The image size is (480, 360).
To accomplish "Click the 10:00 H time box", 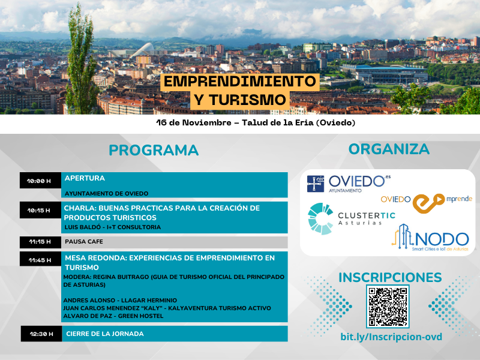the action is point(40,181).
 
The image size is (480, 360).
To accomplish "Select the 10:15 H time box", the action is point(40,210).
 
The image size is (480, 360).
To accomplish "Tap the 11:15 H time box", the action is point(40,242).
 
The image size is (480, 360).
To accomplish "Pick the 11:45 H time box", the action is point(40,260).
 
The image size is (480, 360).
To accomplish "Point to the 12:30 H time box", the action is point(41,334).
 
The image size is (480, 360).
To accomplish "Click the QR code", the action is point(388,307).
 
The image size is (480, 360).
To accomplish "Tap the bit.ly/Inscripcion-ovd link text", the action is point(391,337).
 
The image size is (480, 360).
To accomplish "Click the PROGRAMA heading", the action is point(154,151).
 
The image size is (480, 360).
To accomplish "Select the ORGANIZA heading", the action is point(389,149).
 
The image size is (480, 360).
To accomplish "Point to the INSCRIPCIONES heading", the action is point(390,277).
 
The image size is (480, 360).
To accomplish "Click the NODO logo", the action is point(430,238).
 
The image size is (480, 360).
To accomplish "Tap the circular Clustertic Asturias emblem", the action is point(320,218).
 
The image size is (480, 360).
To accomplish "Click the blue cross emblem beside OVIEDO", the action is point(316,184).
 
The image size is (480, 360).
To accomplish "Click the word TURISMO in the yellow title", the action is point(239,100).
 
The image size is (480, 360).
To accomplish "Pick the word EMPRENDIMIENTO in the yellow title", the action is point(239,82).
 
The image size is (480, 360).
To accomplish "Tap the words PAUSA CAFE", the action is point(84,242).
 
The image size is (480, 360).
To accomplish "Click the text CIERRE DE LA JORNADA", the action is point(105,334).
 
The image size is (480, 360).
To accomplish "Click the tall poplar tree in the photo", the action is point(81,61).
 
